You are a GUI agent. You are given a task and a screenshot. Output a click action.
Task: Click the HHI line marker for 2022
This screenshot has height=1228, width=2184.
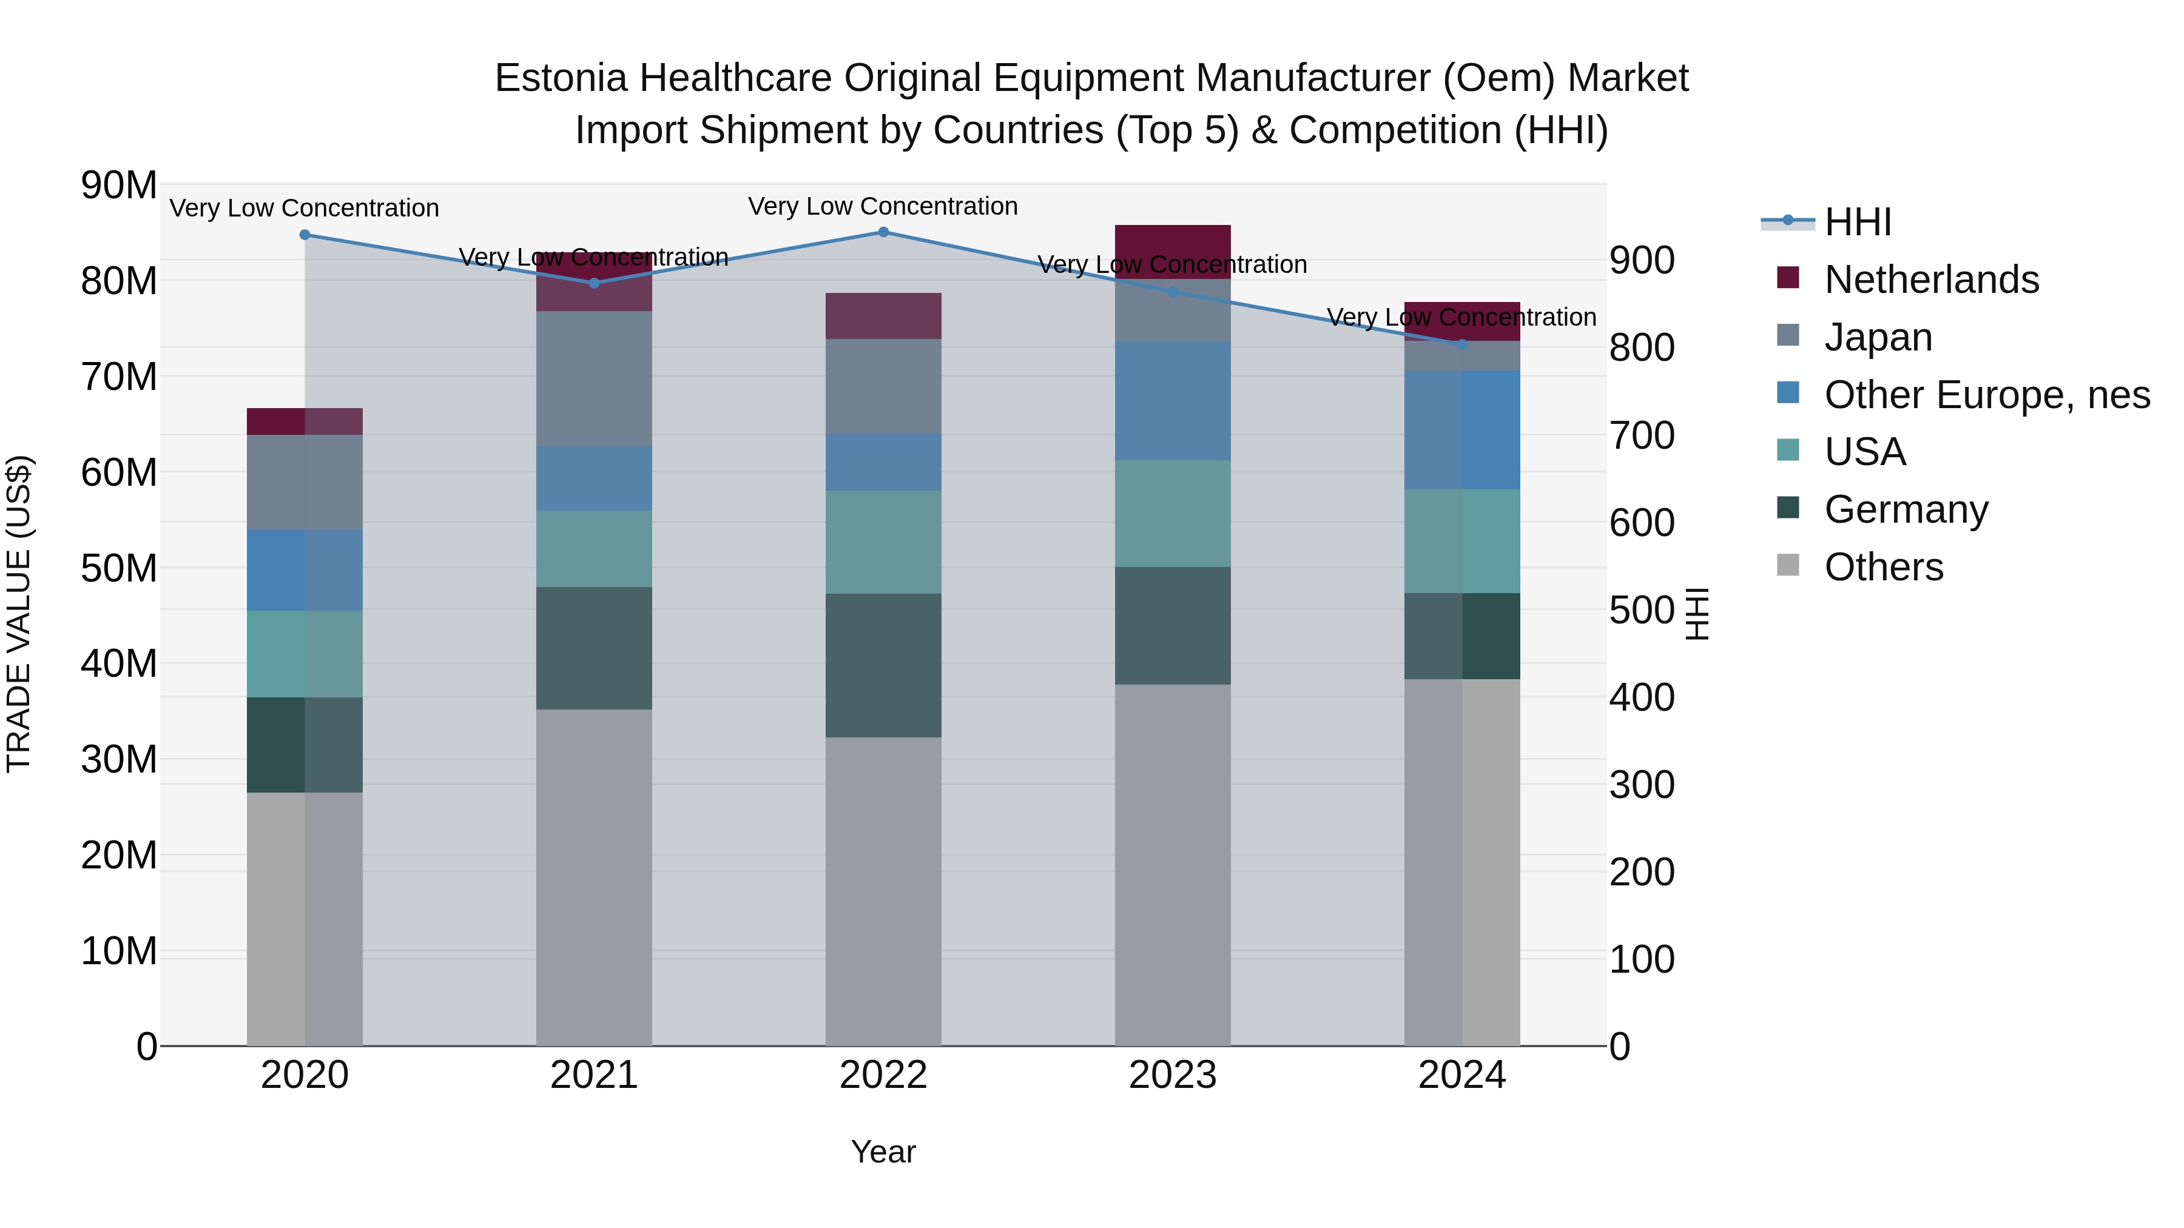[x=883, y=232]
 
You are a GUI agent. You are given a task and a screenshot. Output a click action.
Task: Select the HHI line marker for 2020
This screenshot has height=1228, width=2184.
[x=305, y=235]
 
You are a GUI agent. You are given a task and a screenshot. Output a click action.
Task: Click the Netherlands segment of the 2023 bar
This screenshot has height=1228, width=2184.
[x=1173, y=252]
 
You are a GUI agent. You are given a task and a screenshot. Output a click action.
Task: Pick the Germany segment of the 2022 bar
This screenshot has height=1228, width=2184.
[x=883, y=665]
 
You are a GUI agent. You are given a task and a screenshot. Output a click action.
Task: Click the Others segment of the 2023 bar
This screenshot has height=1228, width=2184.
[x=1173, y=864]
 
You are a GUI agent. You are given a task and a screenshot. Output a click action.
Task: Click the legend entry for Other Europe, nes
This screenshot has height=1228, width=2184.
[x=1986, y=395]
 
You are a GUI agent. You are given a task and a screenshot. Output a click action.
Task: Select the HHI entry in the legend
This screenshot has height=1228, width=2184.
[x=1857, y=222]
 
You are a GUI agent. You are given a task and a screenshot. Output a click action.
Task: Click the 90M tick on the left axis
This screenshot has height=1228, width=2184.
[x=119, y=185]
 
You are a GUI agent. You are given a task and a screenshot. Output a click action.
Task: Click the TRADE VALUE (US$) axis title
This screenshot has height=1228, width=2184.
[x=19, y=614]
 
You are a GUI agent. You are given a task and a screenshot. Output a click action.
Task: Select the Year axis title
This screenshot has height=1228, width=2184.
[x=883, y=1152]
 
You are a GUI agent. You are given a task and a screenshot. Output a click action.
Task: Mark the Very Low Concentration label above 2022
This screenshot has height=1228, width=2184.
[x=883, y=206]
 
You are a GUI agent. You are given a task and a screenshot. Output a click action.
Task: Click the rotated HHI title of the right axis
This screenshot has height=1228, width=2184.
[x=1696, y=614]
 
